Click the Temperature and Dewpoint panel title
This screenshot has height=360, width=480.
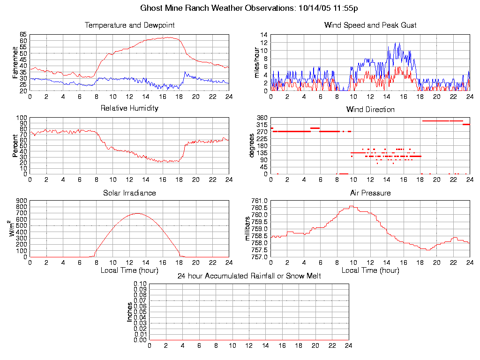129,25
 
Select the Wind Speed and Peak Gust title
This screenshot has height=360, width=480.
370,25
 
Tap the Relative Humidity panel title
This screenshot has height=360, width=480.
129,108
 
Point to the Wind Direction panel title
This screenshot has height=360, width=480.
370,110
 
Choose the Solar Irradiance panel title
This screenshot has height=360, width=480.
129,193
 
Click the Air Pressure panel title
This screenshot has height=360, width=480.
370,193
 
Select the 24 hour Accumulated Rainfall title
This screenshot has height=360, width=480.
249,276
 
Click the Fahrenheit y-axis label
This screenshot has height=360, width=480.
15,62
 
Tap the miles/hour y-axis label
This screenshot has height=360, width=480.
256,62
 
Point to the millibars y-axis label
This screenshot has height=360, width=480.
248,229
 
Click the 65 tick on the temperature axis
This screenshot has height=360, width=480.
23,35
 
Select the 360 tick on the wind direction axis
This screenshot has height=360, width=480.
262,118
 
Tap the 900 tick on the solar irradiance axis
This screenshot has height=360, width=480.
21,201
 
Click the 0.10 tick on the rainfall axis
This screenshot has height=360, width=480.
140,284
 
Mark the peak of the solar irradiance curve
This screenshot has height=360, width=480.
137,213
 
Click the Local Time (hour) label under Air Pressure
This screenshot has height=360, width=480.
370,270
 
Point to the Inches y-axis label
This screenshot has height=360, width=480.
129,312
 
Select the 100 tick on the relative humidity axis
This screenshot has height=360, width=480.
21,118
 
